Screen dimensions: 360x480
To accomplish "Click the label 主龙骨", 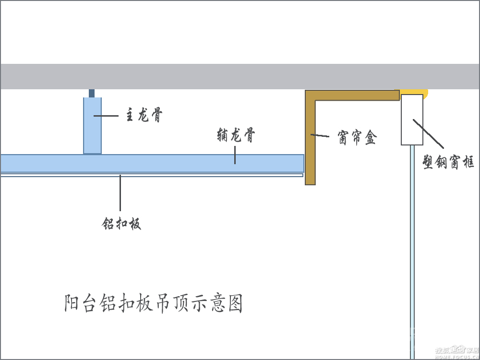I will pyautogui.click(x=144, y=116).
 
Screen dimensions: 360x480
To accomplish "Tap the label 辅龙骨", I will pyautogui.click(x=235, y=136).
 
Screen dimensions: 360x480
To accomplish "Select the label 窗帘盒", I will pyautogui.click(x=357, y=139).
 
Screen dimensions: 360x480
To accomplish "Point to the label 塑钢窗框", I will pyautogui.click(x=449, y=162).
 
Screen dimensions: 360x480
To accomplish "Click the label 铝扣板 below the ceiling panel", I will pyautogui.click(x=121, y=223).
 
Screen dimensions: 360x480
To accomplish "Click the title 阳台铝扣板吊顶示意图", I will pyautogui.click(x=154, y=303).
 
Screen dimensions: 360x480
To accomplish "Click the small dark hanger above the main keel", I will pyautogui.click(x=92, y=93).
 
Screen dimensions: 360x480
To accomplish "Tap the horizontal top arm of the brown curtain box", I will pyautogui.click(x=355, y=95).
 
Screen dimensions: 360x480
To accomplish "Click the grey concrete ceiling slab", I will pyautogui.click(x=240, y=76).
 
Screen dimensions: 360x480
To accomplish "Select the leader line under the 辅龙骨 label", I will pyautogui.click(x=235, y=155).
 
